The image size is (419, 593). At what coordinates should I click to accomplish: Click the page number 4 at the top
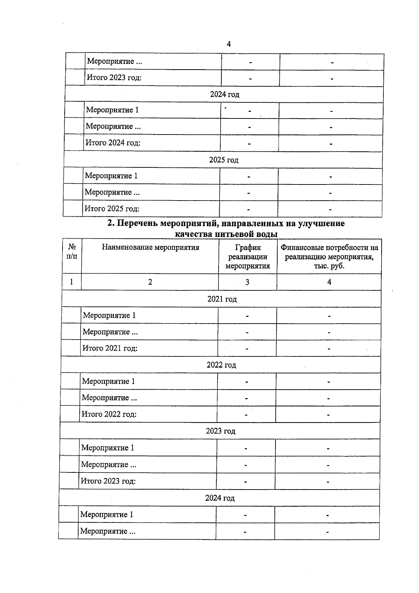click(229, 44)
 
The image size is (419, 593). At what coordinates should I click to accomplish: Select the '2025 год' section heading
click(223, 160)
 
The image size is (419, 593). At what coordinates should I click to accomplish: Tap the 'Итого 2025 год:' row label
click(112, 209)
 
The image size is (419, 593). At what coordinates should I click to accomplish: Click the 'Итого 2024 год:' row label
click(113, 143)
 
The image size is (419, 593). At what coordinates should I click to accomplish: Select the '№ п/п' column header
click(72, 252)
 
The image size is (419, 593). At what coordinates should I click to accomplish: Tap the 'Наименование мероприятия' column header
click(150, 247)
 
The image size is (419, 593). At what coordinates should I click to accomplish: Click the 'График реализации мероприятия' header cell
click(248, 256)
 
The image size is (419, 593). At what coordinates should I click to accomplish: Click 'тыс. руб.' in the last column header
click(329, 266)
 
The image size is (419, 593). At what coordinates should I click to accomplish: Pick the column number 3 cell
click(247, 282)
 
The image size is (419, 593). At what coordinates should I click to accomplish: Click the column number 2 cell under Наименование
click(150, 282)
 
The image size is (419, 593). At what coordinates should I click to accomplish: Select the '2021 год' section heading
click(222, 299)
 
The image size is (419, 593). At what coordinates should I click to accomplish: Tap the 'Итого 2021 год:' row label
click(110, 348)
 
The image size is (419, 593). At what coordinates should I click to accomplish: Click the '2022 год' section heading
click(221, 365)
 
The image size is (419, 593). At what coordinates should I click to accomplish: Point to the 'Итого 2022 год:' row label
click(109, 414)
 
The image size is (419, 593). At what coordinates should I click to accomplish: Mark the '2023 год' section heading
click(220, 431)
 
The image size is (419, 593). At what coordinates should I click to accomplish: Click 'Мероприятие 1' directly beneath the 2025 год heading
click(111, 176)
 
